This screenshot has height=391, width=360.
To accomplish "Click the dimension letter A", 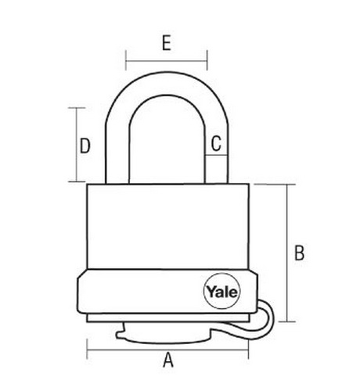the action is tap(168, 360).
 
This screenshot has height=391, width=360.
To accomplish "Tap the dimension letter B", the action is tap(299, 253).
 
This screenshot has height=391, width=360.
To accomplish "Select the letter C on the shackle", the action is tap(216, 143).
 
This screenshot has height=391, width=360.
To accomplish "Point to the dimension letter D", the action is tap(85, 145).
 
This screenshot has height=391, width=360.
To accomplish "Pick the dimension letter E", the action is tap(167, 42).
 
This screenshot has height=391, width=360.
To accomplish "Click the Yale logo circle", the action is tap(221, 291).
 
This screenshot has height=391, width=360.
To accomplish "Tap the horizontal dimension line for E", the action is tap(167, 61).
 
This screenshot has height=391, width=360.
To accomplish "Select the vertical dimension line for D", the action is tap(77, 145).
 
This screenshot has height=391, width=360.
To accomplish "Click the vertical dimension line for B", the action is tap(287, 253).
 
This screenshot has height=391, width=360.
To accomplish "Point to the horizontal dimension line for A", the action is tap(167, 350).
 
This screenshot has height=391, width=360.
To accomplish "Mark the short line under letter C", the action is tap(216, 156).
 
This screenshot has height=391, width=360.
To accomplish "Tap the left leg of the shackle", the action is tap(117, 154).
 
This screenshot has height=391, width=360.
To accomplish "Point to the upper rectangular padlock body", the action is tap(167, 226).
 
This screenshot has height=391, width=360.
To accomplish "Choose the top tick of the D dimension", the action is tap(77, 108).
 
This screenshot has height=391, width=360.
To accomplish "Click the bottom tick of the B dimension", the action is tap(287, 321).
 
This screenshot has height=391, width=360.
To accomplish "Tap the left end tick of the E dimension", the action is tap(126, 60).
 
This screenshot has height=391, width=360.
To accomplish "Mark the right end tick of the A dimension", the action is tap(248, 350).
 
